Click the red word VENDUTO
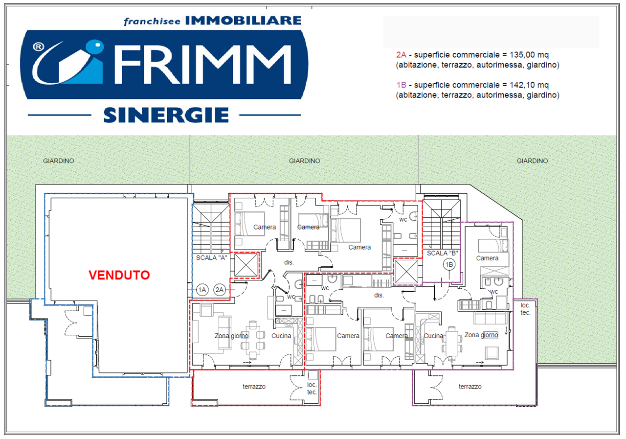click(x=119, y=275)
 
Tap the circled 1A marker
click(x=202, y=290)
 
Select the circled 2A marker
click(x=220, y=290)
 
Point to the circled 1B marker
click(x=449, y=265)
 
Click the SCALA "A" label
click(x=211, y=257)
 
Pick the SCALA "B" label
click(x=442, y=253)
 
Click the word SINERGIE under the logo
click(x=166, y=116)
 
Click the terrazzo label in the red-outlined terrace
click(x=254, y=387)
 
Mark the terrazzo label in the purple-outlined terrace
click(x=470, y=387)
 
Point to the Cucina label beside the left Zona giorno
click(x=281, y=336)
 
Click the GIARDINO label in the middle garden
click(x=304, y=161)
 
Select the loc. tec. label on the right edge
click(x=525, y=309)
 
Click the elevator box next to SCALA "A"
click(x=246, y=265)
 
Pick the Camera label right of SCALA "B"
click(x=487, y=258)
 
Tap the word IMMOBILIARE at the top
click(x=243, y=21)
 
